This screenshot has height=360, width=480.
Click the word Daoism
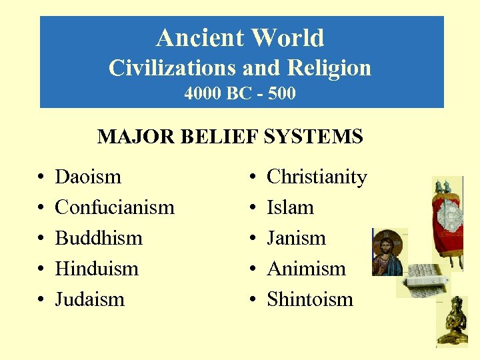(88, 177)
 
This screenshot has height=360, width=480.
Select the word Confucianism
(114, 208)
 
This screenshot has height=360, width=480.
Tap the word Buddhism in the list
(99, 239)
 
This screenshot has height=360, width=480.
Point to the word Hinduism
(97, 269)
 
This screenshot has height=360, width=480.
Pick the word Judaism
(89, 300)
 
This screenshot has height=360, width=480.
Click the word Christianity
(317, 177)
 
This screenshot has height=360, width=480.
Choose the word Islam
(290, 208)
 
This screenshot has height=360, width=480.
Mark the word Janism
(296, 239)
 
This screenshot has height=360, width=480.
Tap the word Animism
(306, 269)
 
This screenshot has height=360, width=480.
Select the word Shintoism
(310, 300)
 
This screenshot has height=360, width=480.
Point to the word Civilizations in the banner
(169, 68)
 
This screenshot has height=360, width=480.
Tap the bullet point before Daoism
(41, 178)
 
